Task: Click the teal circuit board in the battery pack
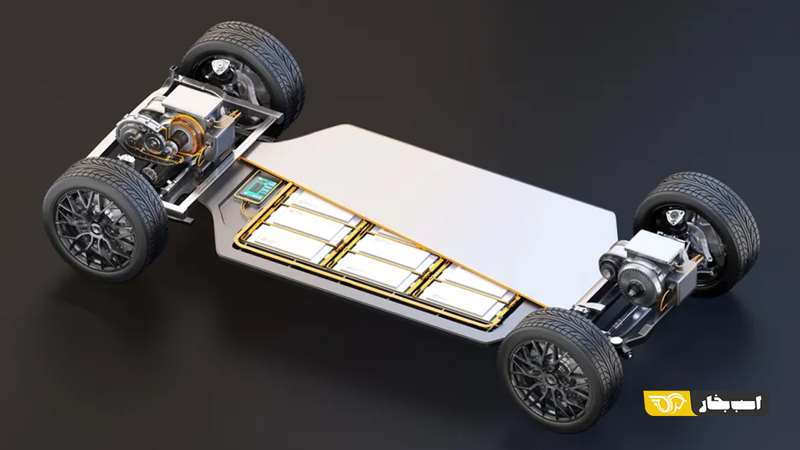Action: pyautogui.click(x=259, y=187)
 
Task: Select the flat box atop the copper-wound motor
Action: pyautogui.click(x=189, y=101)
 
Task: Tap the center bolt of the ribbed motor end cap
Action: pyautogui.click(x=633, y=293)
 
